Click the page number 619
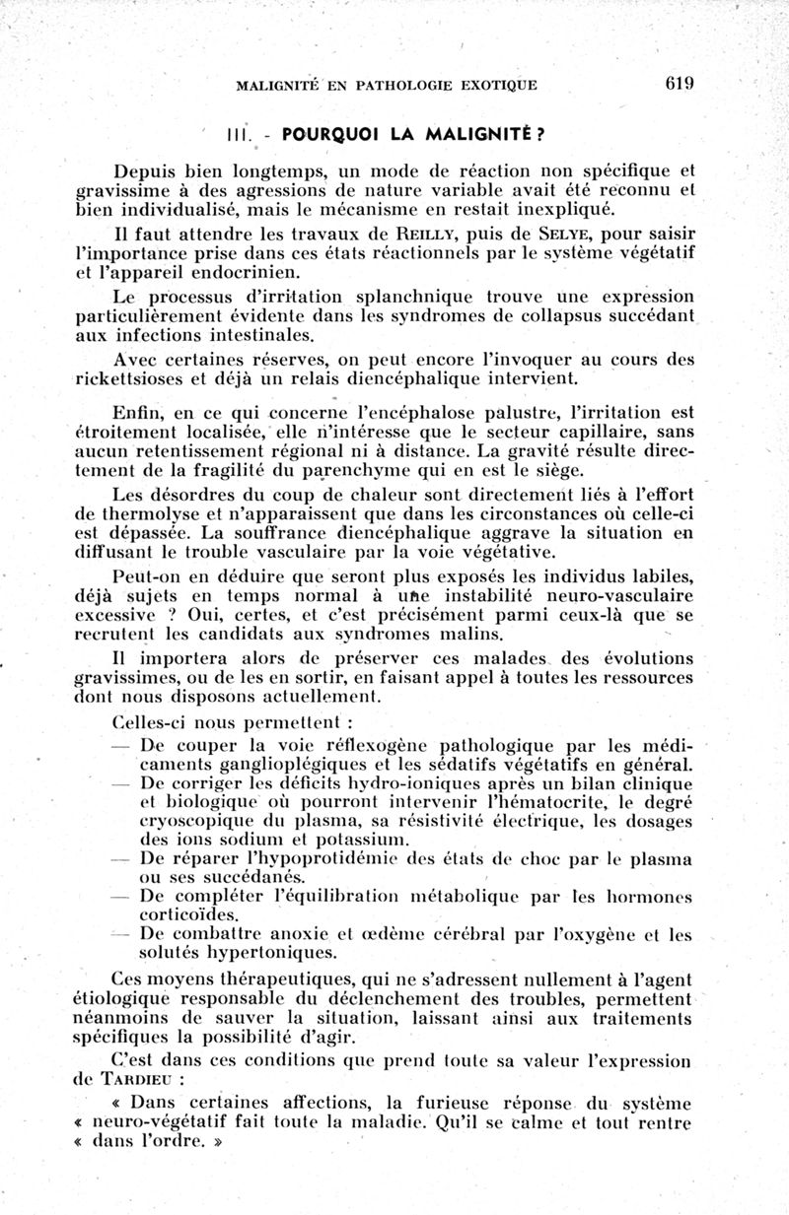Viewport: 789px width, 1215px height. click(680, 83)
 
